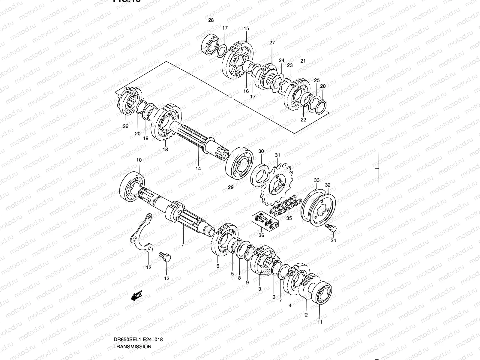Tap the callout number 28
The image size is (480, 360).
[x=211, y=20]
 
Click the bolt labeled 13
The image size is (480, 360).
[x=164, y=257]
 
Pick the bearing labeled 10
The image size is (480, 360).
[x=132, y=186]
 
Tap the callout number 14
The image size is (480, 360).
[x=198, y=169]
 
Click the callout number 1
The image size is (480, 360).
[x=182, y=247]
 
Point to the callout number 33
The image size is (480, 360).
[x=317, y=180]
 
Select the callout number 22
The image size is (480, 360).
[x=303, y=119]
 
